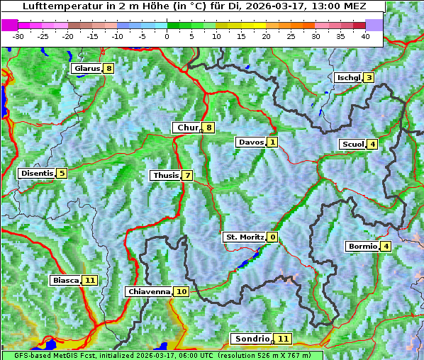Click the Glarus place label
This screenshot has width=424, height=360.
tap(87, 69)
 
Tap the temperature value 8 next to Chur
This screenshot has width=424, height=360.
tap(209, 128)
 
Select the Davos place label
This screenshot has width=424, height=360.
tap(251, 142)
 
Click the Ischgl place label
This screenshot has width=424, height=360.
tap(348, 77)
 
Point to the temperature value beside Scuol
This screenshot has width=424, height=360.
tap(372, 145)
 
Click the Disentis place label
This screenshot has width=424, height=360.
tap(37, 173)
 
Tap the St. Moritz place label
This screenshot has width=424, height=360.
tap(244, 237)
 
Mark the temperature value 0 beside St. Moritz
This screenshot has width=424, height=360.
tap(273, 237)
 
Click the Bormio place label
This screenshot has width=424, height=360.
tap(362, 247)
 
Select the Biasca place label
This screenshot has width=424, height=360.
tap(65, 280)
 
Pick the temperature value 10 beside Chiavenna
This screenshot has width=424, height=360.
tap(182, 291)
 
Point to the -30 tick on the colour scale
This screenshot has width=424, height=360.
tap(18, 35)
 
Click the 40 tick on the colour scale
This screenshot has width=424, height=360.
tap(365, 35)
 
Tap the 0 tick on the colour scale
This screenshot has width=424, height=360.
tap(167, 35)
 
